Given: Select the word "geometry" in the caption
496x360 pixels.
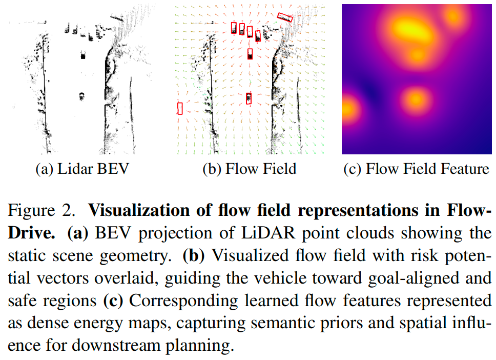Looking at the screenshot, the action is point(136,255).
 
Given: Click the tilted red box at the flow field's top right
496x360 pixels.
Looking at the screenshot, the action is point(284,18).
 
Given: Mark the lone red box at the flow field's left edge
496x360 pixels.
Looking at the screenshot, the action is point(180,108).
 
